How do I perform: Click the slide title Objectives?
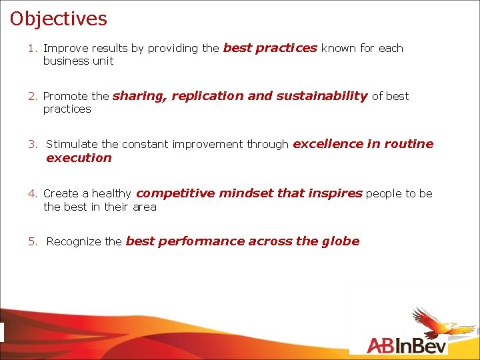point(59,19)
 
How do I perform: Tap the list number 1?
point(31,49)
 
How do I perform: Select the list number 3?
point(31,144)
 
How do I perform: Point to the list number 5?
point(31,242)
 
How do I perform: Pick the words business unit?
point(78,61)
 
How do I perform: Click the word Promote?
point(65,97)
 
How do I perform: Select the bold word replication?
point(207,96)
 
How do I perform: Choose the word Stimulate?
point(72,144)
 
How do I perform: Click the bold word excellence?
point(327,144)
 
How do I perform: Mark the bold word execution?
point(79,158)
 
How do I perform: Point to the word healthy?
point(111,194)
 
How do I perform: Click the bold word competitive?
point(175,193)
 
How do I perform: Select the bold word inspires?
point(335,193)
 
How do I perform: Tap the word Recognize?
point(74,242)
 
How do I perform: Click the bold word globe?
point(341,241)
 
